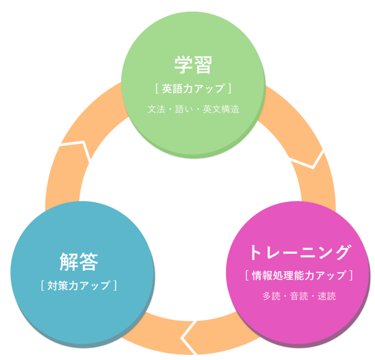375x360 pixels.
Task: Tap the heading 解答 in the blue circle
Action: tap(79, 261)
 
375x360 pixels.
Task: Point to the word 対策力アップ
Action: tap(79, 285)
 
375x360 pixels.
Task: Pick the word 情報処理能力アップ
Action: tap(298, 275)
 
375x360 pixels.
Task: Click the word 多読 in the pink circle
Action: tap(270, 296)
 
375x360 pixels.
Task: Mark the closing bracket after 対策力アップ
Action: tap(115, 285)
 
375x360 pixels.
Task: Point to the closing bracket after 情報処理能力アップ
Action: tap(351, 275)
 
